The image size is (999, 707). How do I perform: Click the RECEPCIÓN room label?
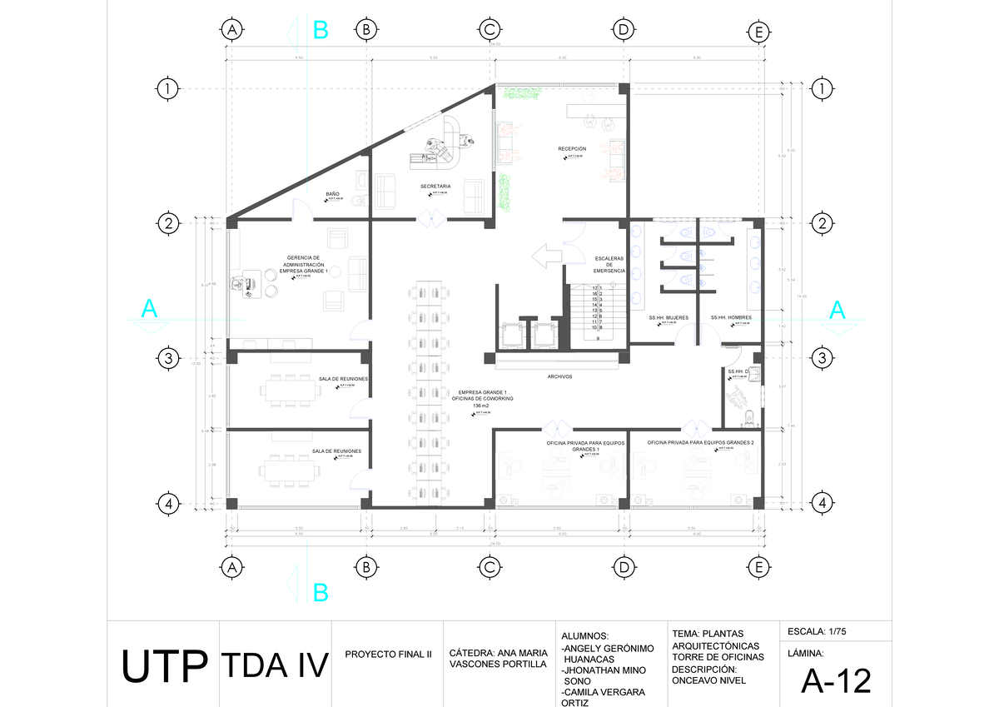click(572, 149)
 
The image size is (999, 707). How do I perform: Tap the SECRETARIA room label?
click(435, 186)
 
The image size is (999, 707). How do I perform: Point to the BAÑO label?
click(332, 193)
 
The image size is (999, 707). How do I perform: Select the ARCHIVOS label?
click(559, 376)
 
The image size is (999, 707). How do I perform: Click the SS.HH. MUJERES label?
click(668, 318)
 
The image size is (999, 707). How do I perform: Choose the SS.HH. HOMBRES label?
click(731, 318)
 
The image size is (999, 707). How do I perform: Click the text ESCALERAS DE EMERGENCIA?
click(609, 264)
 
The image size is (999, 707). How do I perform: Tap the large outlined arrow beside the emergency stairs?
click(546, 256)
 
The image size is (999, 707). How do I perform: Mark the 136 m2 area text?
click(481, 406)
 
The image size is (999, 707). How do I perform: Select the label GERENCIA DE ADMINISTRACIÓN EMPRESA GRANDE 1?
click(303, 264)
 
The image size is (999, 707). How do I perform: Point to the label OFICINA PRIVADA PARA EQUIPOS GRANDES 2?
click(700, 442)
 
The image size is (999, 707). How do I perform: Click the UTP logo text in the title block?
click(164, 665)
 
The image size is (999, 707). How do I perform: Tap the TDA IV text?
click(274, 665)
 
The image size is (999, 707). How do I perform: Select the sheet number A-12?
click(836, 681)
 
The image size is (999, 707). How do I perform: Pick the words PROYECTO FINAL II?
click(388, 655)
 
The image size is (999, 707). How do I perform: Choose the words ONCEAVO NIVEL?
click(708, 680)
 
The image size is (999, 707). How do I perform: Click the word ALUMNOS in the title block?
click(591, 635)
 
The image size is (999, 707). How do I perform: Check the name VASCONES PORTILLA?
click(498, 665)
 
